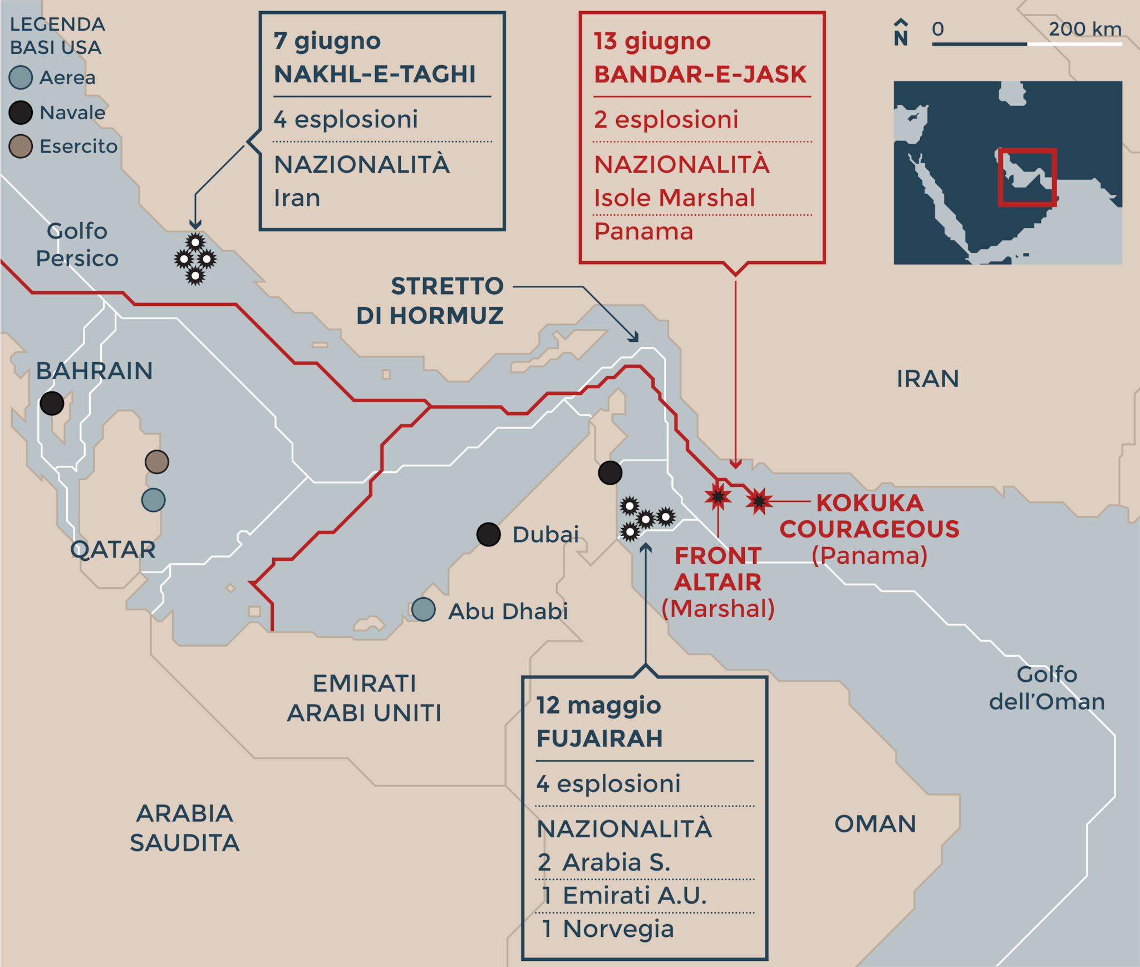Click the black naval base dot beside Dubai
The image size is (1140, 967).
(x=488, y=535)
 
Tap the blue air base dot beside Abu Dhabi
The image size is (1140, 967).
(x=424, y=609)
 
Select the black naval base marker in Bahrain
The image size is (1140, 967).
(x=52, y=403)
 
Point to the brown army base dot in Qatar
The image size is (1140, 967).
(x=157, y=462)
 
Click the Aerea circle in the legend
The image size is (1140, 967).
(x=21, y=77)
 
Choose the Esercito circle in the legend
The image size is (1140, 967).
(x=21, y=146)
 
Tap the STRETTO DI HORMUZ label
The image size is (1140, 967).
(x=430, y=301)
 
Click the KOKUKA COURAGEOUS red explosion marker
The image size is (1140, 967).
(x=759, y=501)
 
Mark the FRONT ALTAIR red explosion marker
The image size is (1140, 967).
(x=718, y=496)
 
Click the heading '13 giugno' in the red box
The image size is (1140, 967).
(x=652, y=41)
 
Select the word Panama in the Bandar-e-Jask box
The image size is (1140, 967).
(x=643, y=231)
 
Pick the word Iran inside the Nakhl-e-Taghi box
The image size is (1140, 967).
(x=297, y=198)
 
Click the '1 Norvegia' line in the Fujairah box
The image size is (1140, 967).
(x=608, y=929)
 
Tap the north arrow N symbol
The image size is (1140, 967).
(x=901, y=33)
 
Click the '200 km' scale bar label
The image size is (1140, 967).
(x=1084, y=29)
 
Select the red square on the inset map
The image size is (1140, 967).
(x=1027, y=177)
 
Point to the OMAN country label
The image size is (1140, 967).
(x=875, y=824)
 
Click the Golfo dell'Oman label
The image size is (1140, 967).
(x=1046, y=688)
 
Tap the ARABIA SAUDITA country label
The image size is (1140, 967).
(x=185, y=828)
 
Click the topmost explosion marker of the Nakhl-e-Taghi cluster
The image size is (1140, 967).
(x=195, y=242)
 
